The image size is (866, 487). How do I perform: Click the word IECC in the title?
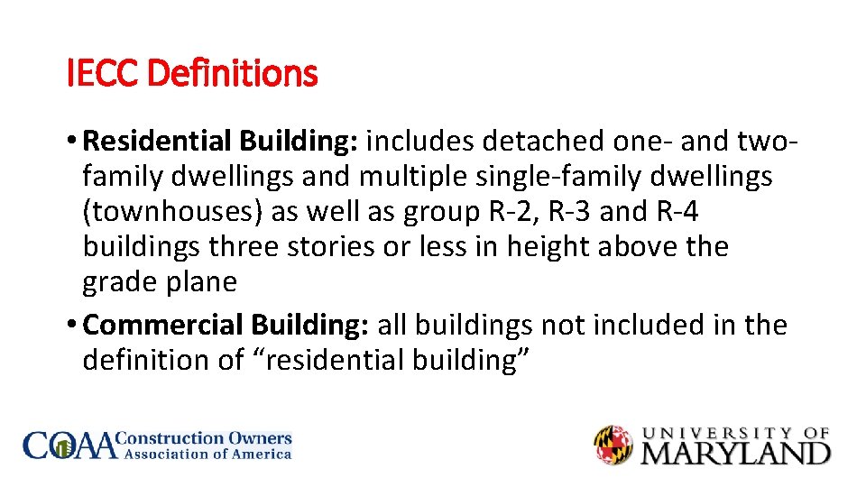(103, 73)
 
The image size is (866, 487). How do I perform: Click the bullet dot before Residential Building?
(72, 142)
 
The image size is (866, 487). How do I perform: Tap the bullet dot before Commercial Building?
(72, 326)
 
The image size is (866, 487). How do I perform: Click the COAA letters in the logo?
(70, 446)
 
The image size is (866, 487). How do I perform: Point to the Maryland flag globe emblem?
(613, 446)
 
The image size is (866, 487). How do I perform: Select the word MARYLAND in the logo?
(735, 452)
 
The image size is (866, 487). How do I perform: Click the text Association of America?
(207, 454)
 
